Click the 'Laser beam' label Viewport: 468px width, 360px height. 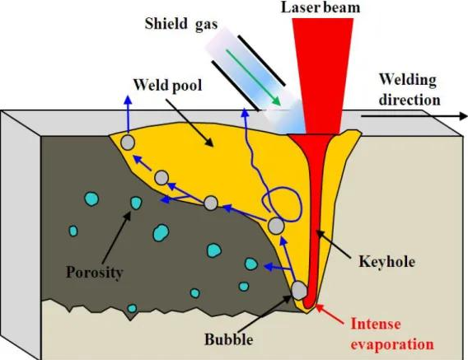[321, 7]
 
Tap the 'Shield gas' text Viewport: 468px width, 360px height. [181, 24]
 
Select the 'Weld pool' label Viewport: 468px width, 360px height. [167, 85]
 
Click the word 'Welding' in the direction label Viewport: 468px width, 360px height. [408, 80]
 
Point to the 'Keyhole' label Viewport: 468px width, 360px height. [386, 261]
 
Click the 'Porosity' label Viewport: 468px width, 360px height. [94, 272]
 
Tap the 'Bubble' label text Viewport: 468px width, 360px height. [228, 339]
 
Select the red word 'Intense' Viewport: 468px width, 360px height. [376, 324]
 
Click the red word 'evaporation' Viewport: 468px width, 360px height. [392, 344]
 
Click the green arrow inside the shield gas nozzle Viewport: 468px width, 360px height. [254, 77]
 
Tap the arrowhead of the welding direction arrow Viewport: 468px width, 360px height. [463, 116]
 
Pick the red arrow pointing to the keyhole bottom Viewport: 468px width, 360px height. [328, 313]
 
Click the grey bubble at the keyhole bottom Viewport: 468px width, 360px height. [299, 290]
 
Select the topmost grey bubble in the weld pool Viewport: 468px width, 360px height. [128, 143]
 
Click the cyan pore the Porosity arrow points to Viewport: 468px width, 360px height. [136, 203]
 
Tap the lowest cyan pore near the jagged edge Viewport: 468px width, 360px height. [132, 308]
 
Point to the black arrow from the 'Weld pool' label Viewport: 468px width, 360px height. [190, 123]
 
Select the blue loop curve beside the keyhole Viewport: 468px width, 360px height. [282, 204]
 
